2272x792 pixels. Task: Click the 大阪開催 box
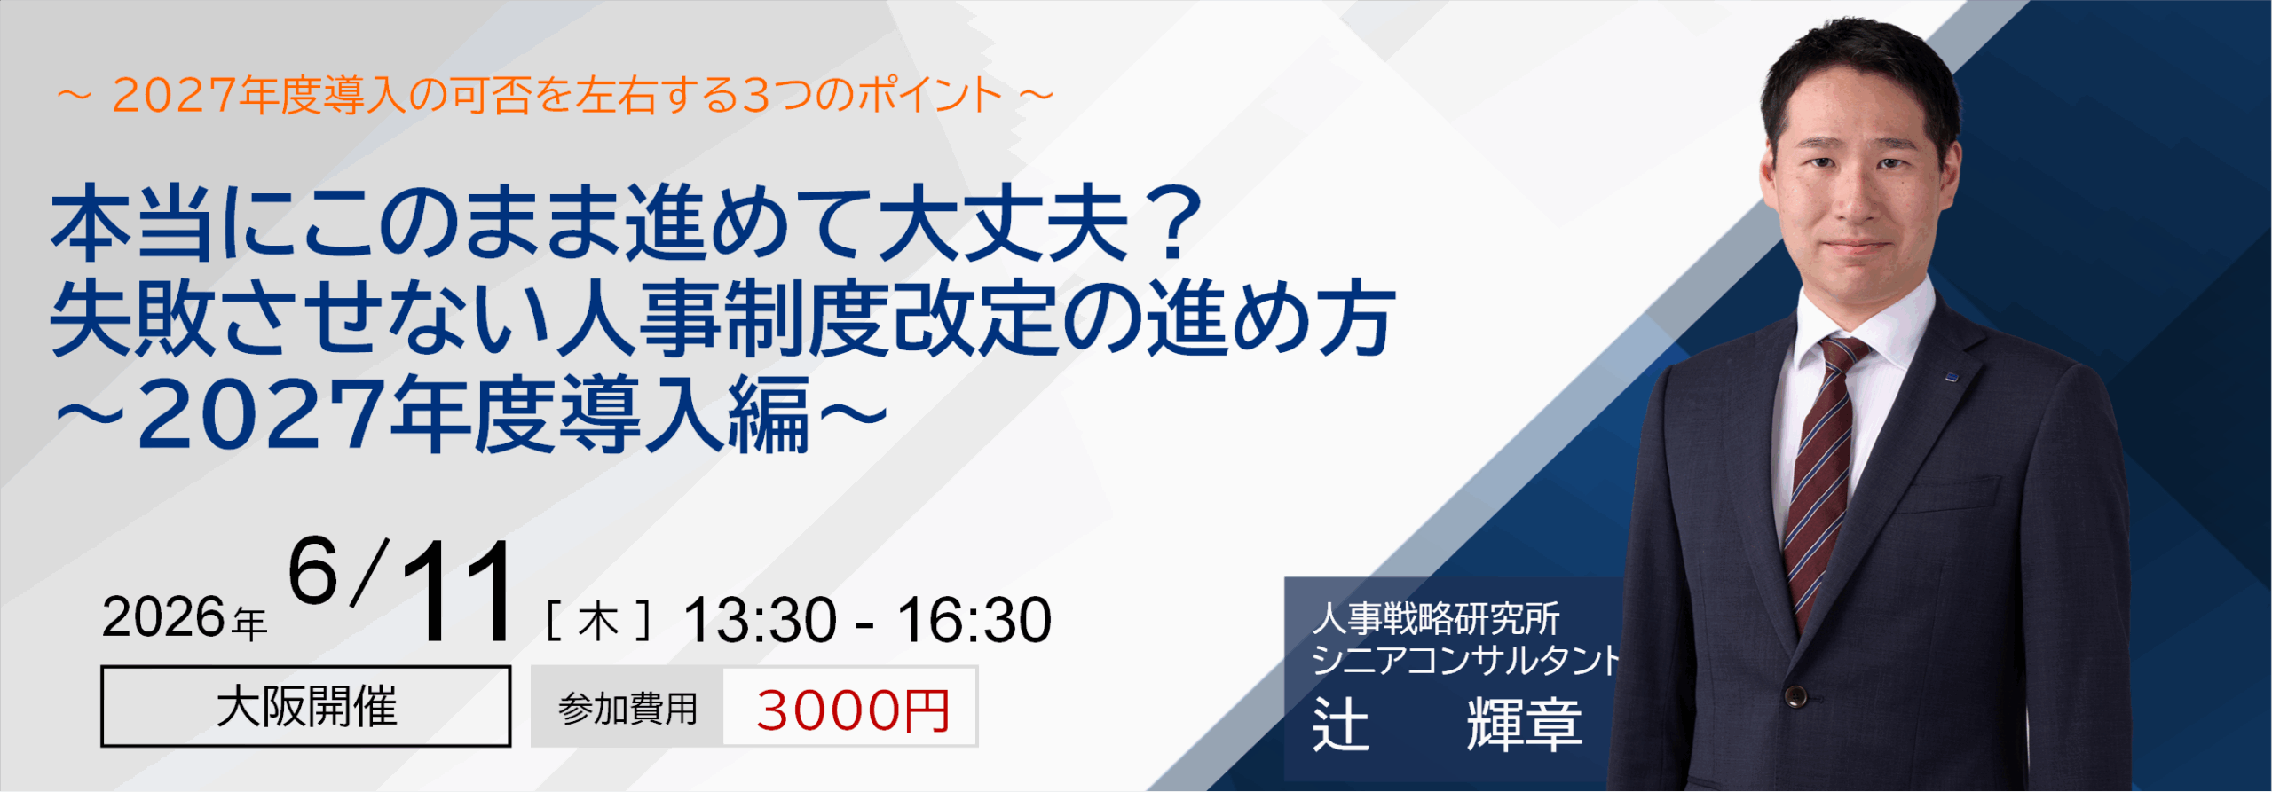click(x=305, y=707)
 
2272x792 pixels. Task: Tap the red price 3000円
click(x=852, y=710)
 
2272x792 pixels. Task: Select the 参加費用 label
click(x=627, y=710)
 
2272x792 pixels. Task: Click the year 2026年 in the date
click(x=184, y=618)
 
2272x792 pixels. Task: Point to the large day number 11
click(x=457, y=592)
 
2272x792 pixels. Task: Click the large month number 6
click(x=313, y=573)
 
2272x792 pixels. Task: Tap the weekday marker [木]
click(x=599, y=621)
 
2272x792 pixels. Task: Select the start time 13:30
click(x=759, y=620)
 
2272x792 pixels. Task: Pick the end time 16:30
click(x=974, y=620)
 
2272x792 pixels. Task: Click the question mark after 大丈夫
click(x=1176, y=223)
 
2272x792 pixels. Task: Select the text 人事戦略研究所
click(x=1435, y=618)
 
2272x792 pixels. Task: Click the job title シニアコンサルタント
click(x=1464, y=660)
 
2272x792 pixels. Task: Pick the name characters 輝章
click(x=1524, y=724)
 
